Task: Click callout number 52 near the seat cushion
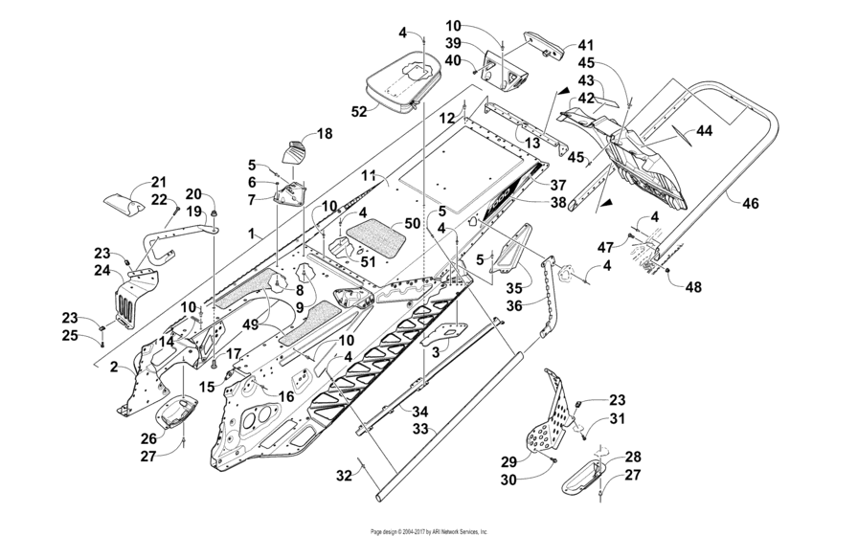[x=359, y=111]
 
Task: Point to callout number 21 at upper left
[x=158, y=182]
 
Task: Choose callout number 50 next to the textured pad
[x=412, y=222]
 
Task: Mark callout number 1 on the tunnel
[x=251, y=233]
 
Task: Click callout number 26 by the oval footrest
[x=148, y=438]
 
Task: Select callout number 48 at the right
[x=691, y=285]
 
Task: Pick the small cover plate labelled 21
[x=125, y=205]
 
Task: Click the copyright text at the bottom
[x=429, y=530]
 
